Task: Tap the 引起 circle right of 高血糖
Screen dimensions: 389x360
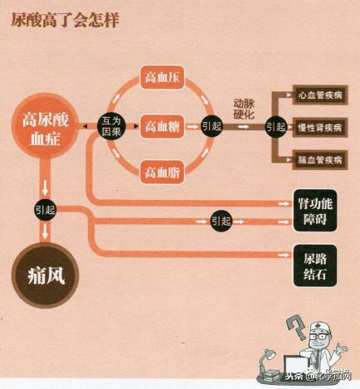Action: point(212,126)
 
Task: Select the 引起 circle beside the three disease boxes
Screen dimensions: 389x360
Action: point(275,127)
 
